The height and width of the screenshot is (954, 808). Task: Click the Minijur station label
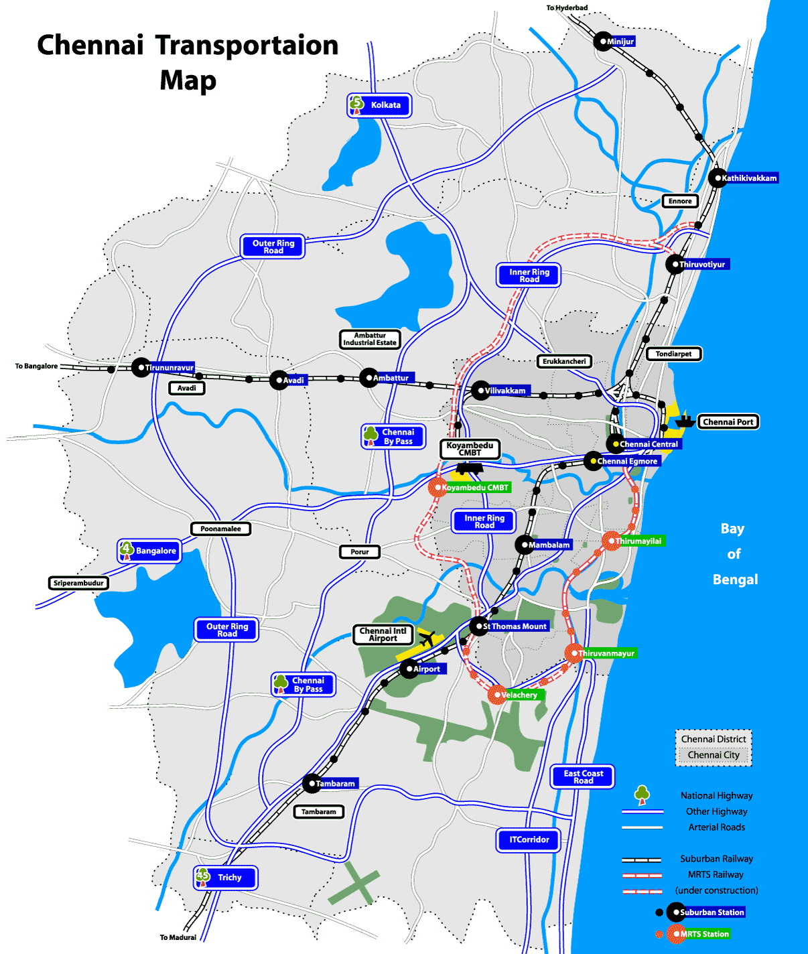coord(620,42)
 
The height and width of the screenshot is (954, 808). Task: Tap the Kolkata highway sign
coord(379,105)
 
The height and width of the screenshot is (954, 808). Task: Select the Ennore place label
coord(680,201)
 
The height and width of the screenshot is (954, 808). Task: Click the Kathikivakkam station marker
coord(717,178)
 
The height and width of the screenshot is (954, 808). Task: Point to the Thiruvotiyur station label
coord(702,265)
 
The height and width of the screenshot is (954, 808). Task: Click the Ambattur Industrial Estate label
coord(370,339)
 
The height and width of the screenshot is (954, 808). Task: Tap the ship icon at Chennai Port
coord(684,421)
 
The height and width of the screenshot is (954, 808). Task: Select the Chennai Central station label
coord(649,444)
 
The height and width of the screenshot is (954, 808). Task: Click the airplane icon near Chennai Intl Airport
coord(427,639)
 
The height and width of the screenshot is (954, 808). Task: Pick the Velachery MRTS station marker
coord(496,695)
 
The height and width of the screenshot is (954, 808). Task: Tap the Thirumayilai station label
coord(638,541)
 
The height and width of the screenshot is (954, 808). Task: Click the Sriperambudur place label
coord(78,583)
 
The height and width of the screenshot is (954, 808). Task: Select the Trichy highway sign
coord(225,878)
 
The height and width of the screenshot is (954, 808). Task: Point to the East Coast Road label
coord(583,777)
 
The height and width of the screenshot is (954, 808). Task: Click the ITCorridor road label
coord(529,840)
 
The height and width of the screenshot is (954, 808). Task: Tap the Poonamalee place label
coord(220,529)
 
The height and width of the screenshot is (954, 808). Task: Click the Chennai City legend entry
coord(714,755)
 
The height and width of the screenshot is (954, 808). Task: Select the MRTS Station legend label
coord(705,934)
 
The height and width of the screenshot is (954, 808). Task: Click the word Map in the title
coord(188,80)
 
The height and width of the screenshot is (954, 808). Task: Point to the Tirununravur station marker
coord(141,367)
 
